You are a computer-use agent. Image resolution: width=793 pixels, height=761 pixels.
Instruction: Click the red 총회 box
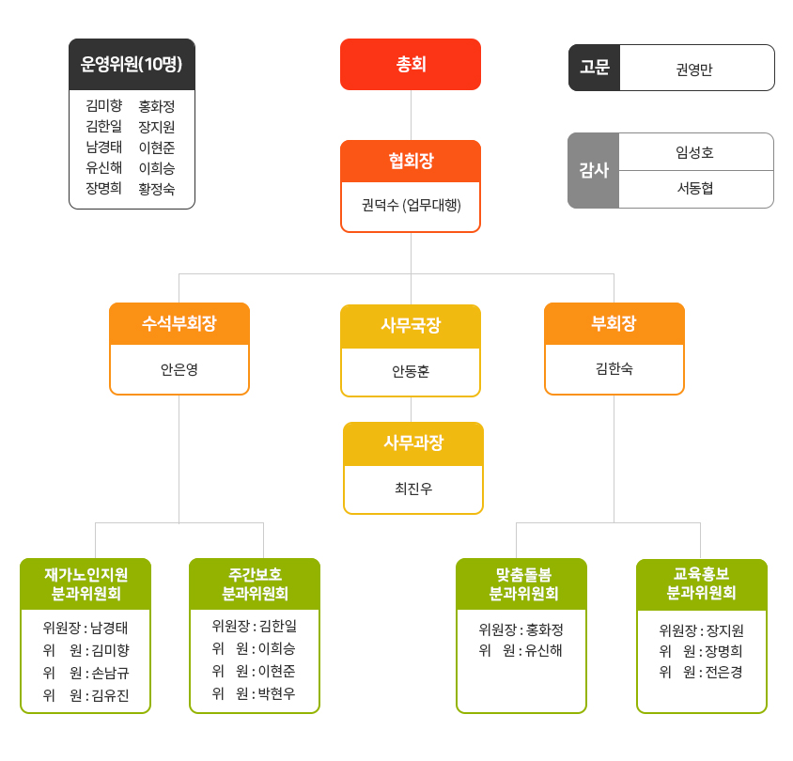point(411,64)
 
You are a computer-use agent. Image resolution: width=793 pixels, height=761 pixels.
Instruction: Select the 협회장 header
point(411,161)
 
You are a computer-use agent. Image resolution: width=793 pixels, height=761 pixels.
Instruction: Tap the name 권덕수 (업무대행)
point(412,205)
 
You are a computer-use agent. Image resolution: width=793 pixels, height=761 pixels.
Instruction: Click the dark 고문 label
point(594,68)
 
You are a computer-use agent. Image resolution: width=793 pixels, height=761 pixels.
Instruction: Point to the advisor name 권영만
point(693,70)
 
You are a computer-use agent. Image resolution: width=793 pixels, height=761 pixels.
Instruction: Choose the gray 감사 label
point(594,170)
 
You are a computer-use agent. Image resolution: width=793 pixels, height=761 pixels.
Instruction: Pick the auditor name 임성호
point(694,152)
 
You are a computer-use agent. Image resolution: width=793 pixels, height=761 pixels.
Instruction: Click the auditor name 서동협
point(695,188)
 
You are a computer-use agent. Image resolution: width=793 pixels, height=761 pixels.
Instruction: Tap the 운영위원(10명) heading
point(132,64)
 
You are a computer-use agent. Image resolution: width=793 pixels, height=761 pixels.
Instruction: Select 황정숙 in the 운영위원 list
point(157,189)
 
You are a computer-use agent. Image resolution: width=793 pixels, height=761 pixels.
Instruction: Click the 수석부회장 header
point(179,323)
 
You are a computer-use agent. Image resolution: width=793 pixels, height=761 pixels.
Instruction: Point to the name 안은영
point(179,369)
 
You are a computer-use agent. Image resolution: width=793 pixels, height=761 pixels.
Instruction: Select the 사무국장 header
point(411,326)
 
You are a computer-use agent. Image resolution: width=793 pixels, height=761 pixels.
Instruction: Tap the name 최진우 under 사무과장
point(413,489)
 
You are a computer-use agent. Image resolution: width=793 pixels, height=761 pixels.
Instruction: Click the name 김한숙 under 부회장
point(614,368)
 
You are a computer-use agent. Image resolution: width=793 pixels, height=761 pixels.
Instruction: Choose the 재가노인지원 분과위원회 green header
point(86,584)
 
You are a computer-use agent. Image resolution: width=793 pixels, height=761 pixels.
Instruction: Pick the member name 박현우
point(276,693)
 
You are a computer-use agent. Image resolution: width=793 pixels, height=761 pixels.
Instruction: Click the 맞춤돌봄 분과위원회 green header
point(521,584)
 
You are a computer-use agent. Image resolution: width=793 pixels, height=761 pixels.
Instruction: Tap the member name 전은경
point(723,672)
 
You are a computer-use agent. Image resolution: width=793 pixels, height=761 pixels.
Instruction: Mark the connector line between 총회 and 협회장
point(411,116)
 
